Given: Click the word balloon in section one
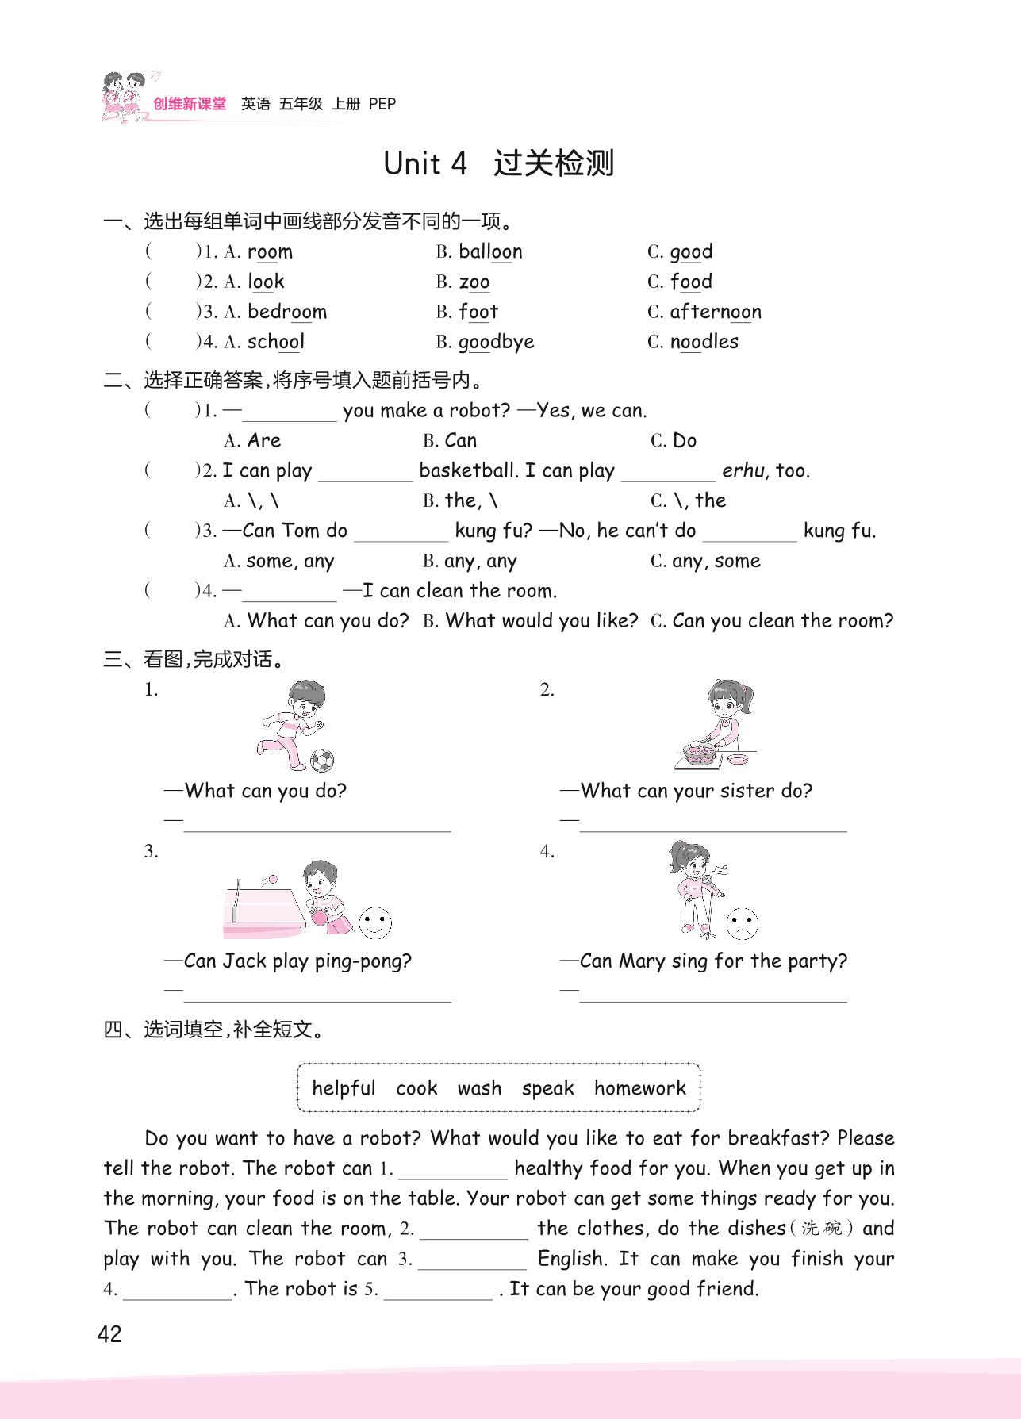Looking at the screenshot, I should (490, 252).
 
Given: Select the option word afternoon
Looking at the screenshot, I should (715, 312).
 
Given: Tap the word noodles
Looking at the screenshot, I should (704, 342).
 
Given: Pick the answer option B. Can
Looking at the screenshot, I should (450, 440).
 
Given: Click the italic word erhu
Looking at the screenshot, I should (743, 470).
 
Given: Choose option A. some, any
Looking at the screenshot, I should (279, 561).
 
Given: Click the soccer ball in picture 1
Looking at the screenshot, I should (321, 761).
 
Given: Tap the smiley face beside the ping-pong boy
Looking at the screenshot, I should (375, 922).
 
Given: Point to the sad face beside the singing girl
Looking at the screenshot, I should (742, 922).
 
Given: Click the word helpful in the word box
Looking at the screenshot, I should (344, 1088).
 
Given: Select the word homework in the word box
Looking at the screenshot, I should (639, 1088).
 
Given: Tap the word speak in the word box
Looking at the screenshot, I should (547, 1088).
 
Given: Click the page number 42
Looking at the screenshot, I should (109, 1334).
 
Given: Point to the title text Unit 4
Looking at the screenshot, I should (424, 163).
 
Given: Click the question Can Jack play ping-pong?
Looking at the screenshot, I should (297, 961).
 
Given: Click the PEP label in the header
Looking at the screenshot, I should (382, 104).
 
